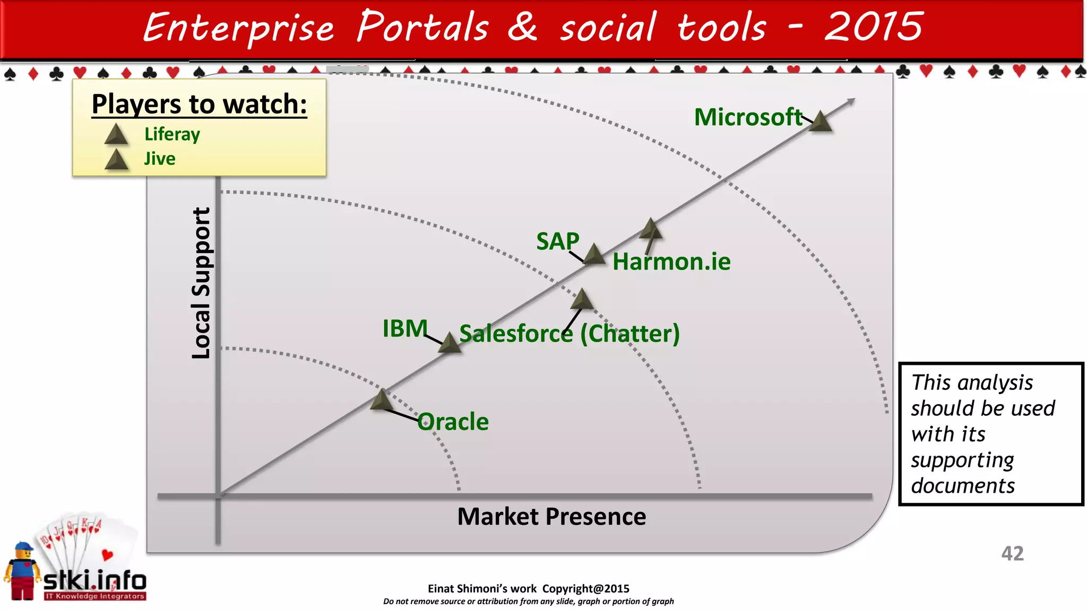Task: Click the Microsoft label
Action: [747, 117]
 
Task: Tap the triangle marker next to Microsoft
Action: [821, 122]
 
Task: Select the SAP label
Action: [557, 241]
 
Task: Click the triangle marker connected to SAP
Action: [594, 255]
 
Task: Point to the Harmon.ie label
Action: [671, 262]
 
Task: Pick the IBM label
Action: [405, 329]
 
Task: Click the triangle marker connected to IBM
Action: [450, 343]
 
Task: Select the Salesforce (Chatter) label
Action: [569, 334]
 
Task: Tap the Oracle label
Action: [453, 422]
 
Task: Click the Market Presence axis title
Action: [551, 517]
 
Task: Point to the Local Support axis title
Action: [201, 283]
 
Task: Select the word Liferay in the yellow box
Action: [172, 134]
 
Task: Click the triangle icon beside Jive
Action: [116, 160]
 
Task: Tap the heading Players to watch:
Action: [199, 104]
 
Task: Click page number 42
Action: [1012, 554]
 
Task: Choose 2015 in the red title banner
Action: [873, 27]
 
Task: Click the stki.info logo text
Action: [94, 581]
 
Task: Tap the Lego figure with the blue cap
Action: [22, 571]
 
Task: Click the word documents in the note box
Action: [963, 486]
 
